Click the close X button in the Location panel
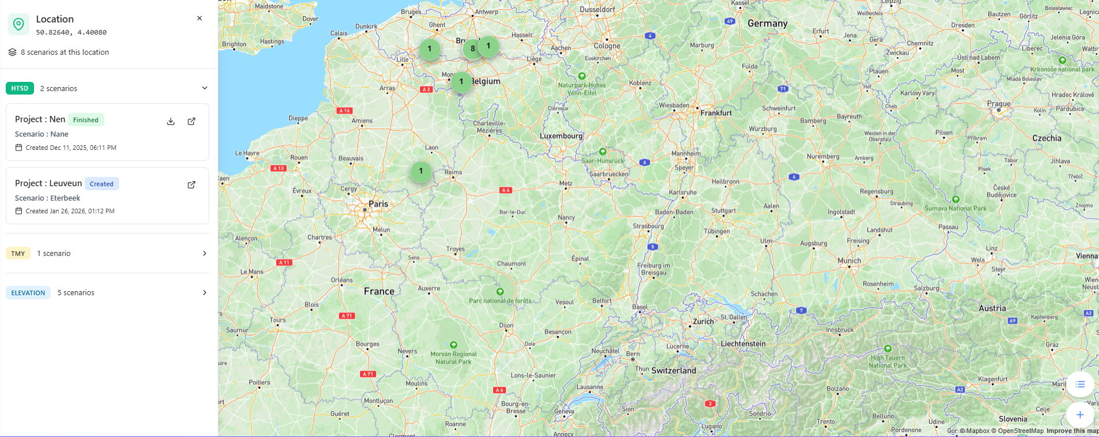199,18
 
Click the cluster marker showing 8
472,49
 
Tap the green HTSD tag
20,88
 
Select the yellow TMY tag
18,254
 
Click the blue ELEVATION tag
28,293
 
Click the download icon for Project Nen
170,121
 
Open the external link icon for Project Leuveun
191,185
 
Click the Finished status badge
86,120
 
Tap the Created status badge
101,184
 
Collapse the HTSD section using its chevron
204,88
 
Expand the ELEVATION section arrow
204,293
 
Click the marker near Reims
421,171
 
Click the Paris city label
378,204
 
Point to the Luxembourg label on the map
561,136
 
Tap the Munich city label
849,261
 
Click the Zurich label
703,321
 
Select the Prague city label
999,104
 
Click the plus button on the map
1080,415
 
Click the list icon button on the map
1080,385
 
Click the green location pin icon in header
18,24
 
